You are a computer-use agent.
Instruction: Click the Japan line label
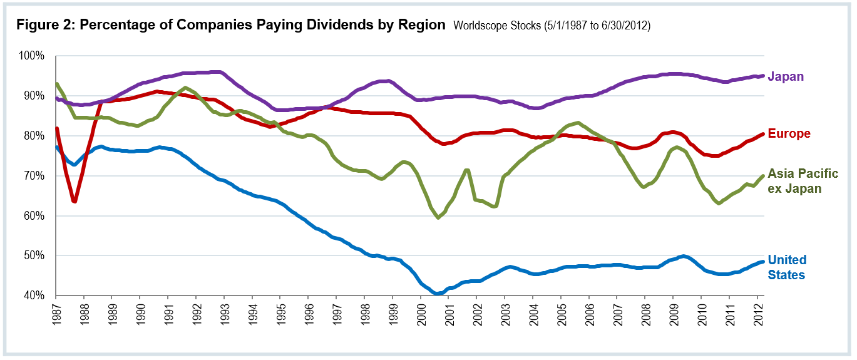point(785,76)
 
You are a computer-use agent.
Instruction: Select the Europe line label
point(789,133)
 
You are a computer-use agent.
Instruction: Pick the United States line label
point(787,267)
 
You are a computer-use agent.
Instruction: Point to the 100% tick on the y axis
point(32,56)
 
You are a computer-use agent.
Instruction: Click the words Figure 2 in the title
point(42,26)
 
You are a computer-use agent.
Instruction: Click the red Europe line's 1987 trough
point(74,202)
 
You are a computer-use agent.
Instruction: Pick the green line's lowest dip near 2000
point(438,217)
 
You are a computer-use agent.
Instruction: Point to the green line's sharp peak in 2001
point(466,170)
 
